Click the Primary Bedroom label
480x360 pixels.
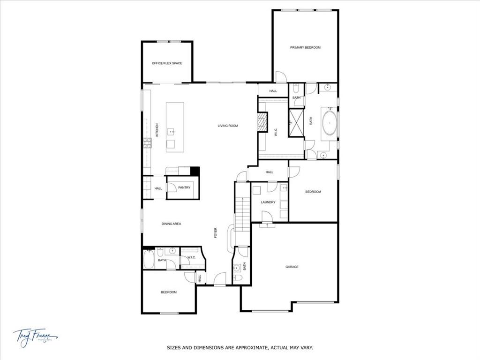tap(305, 47)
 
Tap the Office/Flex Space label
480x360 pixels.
tap(167, 63)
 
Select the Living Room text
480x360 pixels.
tap(228, 126)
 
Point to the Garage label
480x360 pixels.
tap(292, 267)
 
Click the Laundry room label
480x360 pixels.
tap(269, 202)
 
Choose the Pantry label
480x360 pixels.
tap(184, 187)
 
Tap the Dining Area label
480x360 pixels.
tap(171, 224)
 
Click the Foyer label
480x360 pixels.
tap(216, 233)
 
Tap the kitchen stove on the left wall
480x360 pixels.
tap(147, 143)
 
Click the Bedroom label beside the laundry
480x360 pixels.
tap(313, 191)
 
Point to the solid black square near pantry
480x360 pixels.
tap(195, 171)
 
